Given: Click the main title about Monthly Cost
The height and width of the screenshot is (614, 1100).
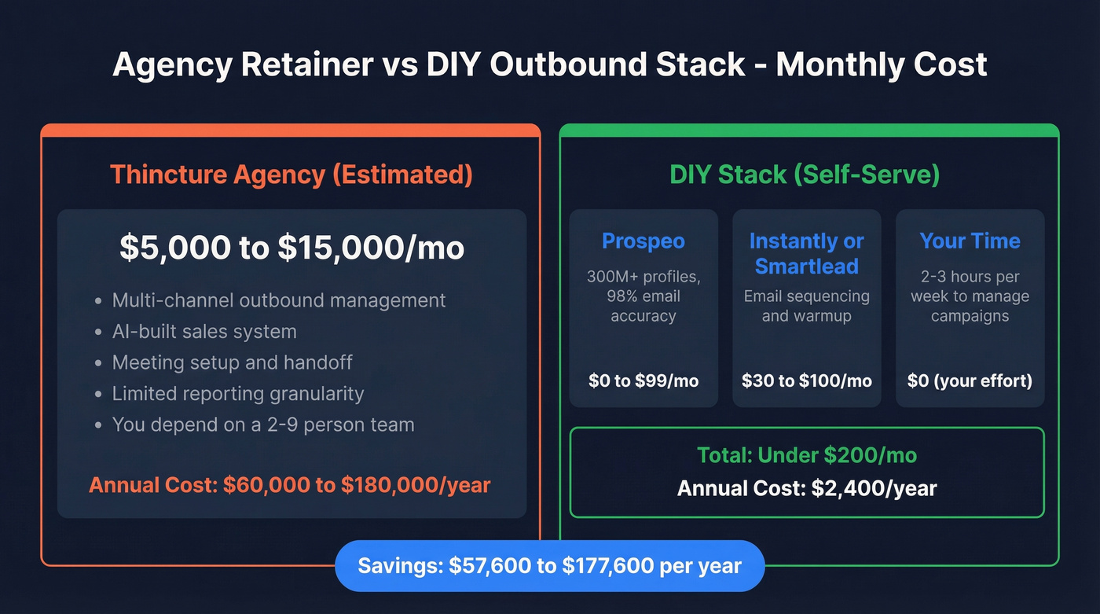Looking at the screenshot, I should pos(549,64).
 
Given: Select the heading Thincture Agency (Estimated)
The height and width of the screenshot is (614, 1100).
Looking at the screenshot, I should pos(291,174).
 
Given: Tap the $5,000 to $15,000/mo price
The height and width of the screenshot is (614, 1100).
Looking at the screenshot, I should pos(291,248).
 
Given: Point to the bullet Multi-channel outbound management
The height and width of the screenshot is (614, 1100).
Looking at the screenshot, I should pos(279,300).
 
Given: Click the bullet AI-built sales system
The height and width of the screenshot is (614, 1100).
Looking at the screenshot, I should pos(204,332).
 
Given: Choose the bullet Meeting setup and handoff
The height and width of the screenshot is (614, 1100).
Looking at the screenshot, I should pos(232,362).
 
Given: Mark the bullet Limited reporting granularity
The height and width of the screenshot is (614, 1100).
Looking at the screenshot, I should pos(237,394).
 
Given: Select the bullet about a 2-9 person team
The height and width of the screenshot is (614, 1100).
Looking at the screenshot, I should pos(262,425).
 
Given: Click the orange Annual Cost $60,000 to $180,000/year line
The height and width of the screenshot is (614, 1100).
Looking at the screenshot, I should pos(290,484).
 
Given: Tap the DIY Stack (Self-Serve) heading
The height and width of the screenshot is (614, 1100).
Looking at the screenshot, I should pos(805,174).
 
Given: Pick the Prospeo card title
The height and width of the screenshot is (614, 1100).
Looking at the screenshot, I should pos(643,241).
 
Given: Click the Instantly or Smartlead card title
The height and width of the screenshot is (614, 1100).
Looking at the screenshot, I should pos(806,253).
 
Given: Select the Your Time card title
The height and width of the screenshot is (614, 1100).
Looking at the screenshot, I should pos(970,241).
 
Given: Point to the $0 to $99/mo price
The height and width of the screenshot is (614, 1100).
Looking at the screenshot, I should pos(643,381).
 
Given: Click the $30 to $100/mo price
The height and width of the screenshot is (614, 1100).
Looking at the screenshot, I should pos(807,381).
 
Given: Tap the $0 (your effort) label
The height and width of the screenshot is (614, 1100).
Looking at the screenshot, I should pos(970,381).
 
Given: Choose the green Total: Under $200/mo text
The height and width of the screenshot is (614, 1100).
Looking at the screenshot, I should pos(807,454).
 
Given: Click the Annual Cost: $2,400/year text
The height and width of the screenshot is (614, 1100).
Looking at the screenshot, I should pos(807,489).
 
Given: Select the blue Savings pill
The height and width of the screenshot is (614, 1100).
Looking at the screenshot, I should pos(549,565).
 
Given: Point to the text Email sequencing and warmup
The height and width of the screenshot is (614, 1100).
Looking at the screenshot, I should pos(807,306).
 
